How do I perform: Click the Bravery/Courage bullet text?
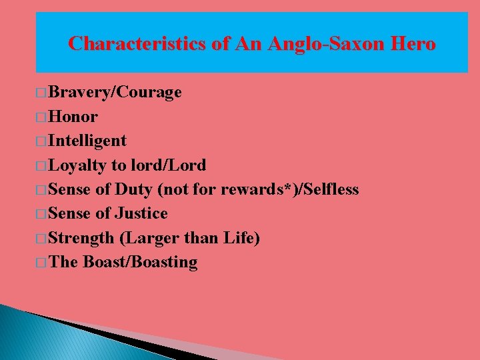[x=115, y=92]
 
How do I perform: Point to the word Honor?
[x=73, y=117]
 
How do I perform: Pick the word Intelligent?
[x=87, y=141]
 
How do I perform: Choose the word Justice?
[x=141, y=213]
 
